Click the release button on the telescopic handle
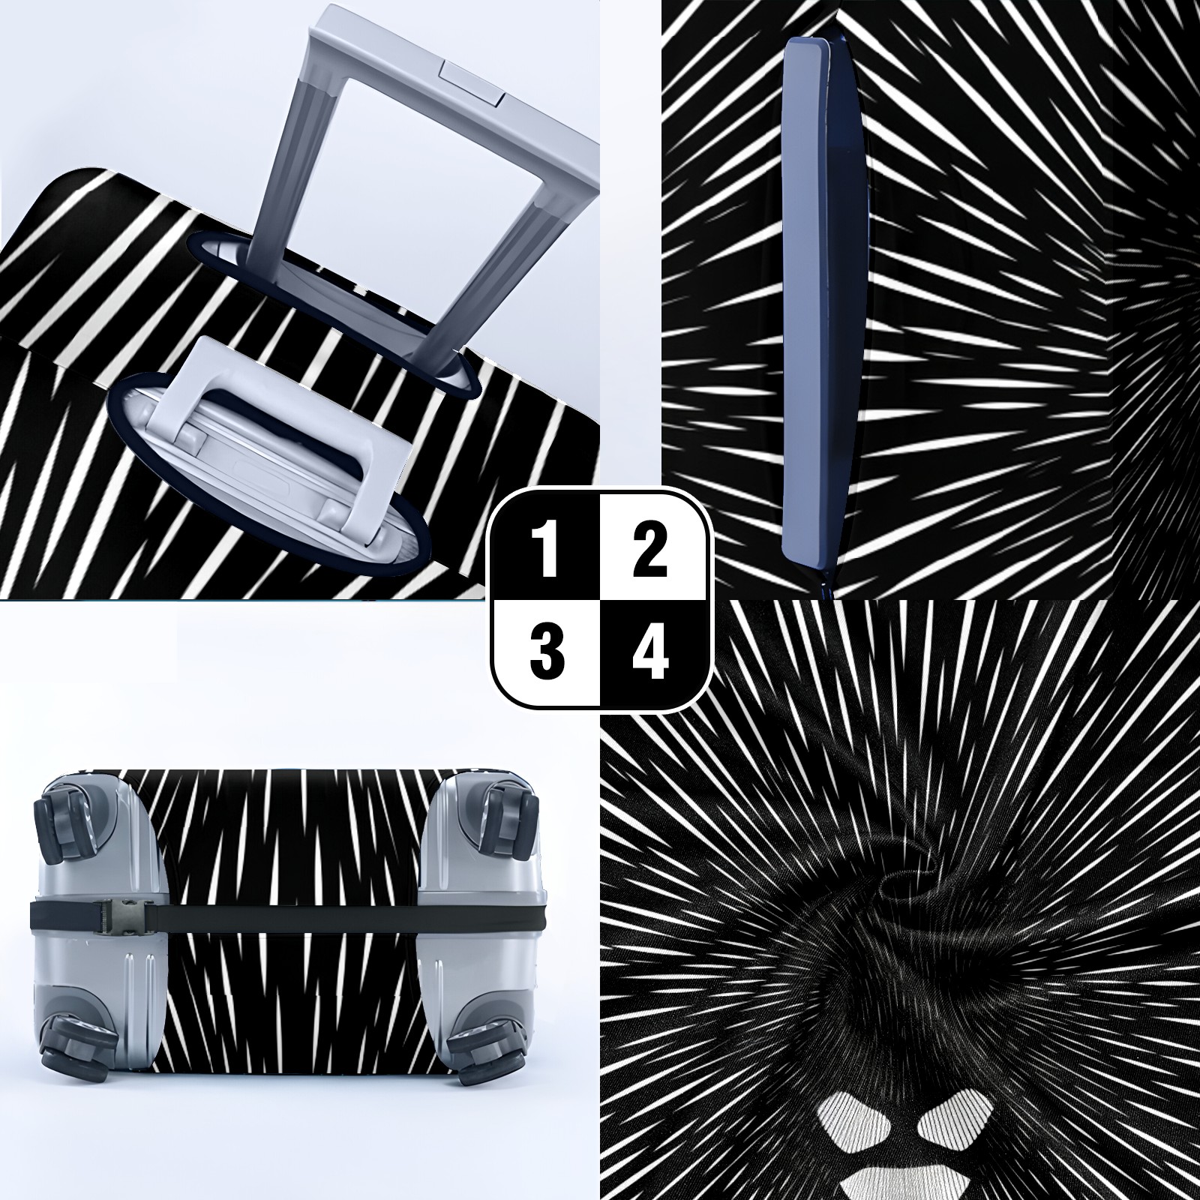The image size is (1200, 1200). click(471, 82)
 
